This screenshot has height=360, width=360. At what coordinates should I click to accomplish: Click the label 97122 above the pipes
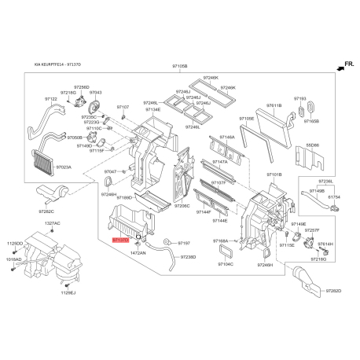(x=51, y=99)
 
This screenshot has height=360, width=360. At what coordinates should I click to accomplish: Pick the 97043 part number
(x=95, y=93)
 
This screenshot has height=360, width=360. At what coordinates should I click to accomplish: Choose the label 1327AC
(x=53, y=223)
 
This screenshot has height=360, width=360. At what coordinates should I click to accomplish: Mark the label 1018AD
(x=14, y=258)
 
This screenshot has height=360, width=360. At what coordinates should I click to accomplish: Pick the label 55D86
(x=313, y=145)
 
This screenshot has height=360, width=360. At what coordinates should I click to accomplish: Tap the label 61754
(x=336, y=197)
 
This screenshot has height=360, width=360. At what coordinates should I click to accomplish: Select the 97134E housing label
(x=152, y=109)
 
